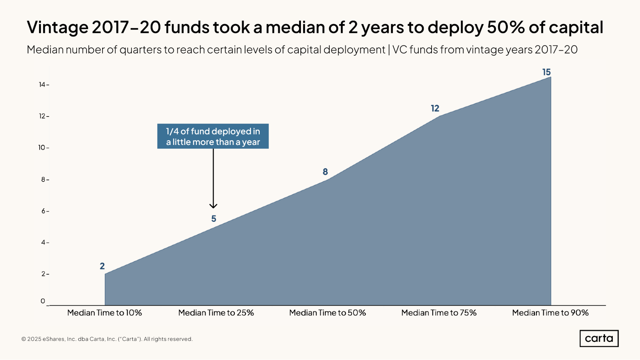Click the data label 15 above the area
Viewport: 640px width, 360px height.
[546, 72]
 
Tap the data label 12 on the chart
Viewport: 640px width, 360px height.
[435, 108]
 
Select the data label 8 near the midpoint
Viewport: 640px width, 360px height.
[325, 172]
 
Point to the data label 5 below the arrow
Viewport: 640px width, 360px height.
[214, 219]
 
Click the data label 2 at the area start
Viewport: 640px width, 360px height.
[102, 266]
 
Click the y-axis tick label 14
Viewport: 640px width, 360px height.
[42, 84]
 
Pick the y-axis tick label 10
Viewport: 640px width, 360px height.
[42, 148]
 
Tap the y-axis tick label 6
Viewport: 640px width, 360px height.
[43, 211]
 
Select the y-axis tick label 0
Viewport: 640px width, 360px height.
[43, 301]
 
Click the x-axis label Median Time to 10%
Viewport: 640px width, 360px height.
[104, 313]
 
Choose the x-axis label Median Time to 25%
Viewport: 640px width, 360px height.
[216, 313]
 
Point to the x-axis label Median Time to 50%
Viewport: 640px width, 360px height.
[327, 313]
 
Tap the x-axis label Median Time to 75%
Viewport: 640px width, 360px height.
[439, 313]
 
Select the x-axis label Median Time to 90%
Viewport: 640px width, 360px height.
[550, 313]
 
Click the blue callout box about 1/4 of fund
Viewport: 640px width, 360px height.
[213, 136]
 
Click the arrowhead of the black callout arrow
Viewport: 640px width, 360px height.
[213, 206]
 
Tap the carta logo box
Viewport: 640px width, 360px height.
[599, 338]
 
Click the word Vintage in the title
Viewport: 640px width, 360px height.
[57, 27]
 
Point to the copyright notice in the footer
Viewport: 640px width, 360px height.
[107, 339]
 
